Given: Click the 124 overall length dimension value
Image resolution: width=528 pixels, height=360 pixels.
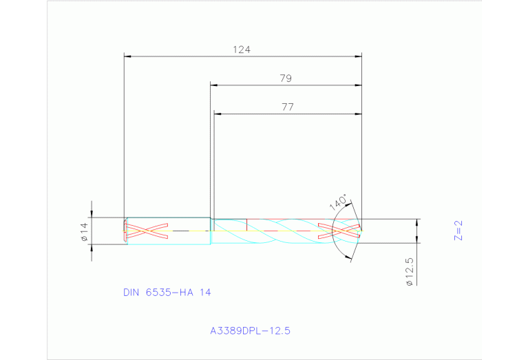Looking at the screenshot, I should point(242,50).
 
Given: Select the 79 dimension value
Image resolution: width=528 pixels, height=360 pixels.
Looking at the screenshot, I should point(286,78).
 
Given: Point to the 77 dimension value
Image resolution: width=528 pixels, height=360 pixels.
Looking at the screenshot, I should point(287,107).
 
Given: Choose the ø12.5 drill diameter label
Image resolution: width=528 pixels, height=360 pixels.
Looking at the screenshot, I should point(409,272).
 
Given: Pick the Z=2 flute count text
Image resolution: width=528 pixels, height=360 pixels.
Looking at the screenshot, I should point(459,231).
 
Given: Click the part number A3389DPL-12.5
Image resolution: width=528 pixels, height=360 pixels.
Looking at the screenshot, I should point(250,331).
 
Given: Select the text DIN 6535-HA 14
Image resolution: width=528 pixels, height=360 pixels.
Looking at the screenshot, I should point(167,292).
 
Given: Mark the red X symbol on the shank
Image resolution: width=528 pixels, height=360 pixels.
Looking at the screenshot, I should point(147,231).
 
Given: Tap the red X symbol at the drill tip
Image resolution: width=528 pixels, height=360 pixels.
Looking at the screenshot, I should point(339,231).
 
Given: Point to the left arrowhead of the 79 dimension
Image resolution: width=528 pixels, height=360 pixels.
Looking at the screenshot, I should point(213,85).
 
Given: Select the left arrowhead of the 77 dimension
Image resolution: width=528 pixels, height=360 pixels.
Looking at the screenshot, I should point(217,114).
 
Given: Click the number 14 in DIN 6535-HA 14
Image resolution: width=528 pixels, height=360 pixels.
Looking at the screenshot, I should point(205,292).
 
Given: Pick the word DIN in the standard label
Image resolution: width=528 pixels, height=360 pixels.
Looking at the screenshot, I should point(131,292).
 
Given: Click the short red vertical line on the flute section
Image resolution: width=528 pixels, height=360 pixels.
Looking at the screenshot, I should point(246,224).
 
